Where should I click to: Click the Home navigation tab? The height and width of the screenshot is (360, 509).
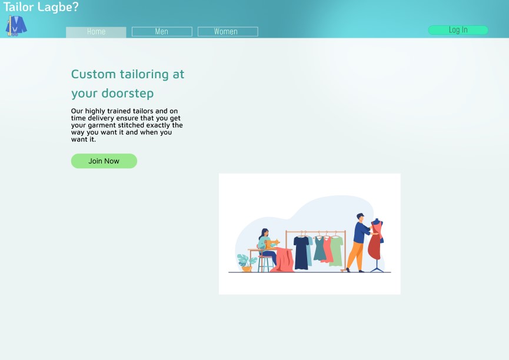click(96, 32)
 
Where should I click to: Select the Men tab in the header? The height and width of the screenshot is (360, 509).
click(162, 32)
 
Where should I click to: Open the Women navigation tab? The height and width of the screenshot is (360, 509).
click(228, 32)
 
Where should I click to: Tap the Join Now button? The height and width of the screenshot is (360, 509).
click(104, 161)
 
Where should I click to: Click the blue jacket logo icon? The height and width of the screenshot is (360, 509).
click(16, 26)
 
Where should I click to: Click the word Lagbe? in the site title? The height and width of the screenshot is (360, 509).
click(58, 7)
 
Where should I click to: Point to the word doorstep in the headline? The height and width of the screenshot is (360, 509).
click(128, 94)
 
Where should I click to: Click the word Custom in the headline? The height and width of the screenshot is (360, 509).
click(94, 74)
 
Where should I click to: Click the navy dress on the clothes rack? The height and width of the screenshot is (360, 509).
click(301, 253)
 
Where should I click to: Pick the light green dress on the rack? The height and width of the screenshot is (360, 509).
click(337, 251)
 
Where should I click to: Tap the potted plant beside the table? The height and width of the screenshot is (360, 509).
click(247, 262)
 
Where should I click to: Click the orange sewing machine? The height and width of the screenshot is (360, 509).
click(272, 244)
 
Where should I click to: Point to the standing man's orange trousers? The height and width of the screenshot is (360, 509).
click(356, 256)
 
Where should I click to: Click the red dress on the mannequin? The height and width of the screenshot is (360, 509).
click(376, 240)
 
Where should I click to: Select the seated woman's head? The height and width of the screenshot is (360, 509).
click(265, 233)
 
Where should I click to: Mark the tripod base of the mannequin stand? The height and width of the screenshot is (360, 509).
click(377, 267)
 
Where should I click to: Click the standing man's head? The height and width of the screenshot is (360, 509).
click(360, 217)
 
